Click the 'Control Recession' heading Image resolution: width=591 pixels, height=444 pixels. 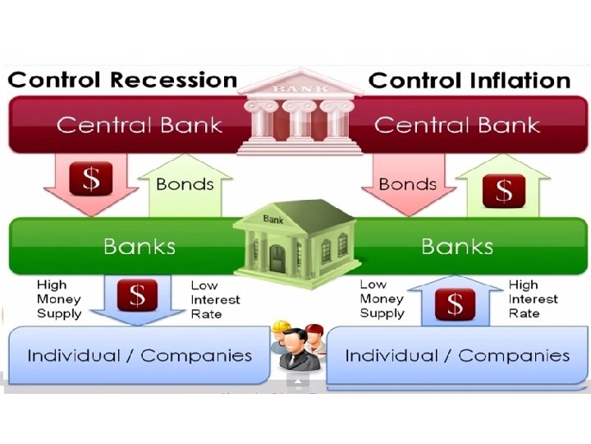pos(122,81)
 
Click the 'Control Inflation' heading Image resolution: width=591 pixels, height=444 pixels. pos(470,81)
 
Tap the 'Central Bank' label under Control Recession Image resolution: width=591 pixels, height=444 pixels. pos(140,126)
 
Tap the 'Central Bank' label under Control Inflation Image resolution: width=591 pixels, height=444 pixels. pos(456,126)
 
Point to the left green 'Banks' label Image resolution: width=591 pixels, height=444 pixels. pos(139,247)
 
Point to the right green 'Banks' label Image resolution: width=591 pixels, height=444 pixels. pos(456,247)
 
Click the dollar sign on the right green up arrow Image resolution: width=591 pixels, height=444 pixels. pos(502,190)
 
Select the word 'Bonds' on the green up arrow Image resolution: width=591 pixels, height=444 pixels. pos(185,183)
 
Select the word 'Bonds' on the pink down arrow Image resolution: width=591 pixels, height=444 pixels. pos(407,183)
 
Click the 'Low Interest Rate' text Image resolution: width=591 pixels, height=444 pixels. pos(216,299)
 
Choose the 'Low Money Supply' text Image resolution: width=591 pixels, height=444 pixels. pos(382,298)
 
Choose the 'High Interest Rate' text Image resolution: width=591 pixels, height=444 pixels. pos(533,298)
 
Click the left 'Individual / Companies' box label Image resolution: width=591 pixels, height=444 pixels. pos(140,356)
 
